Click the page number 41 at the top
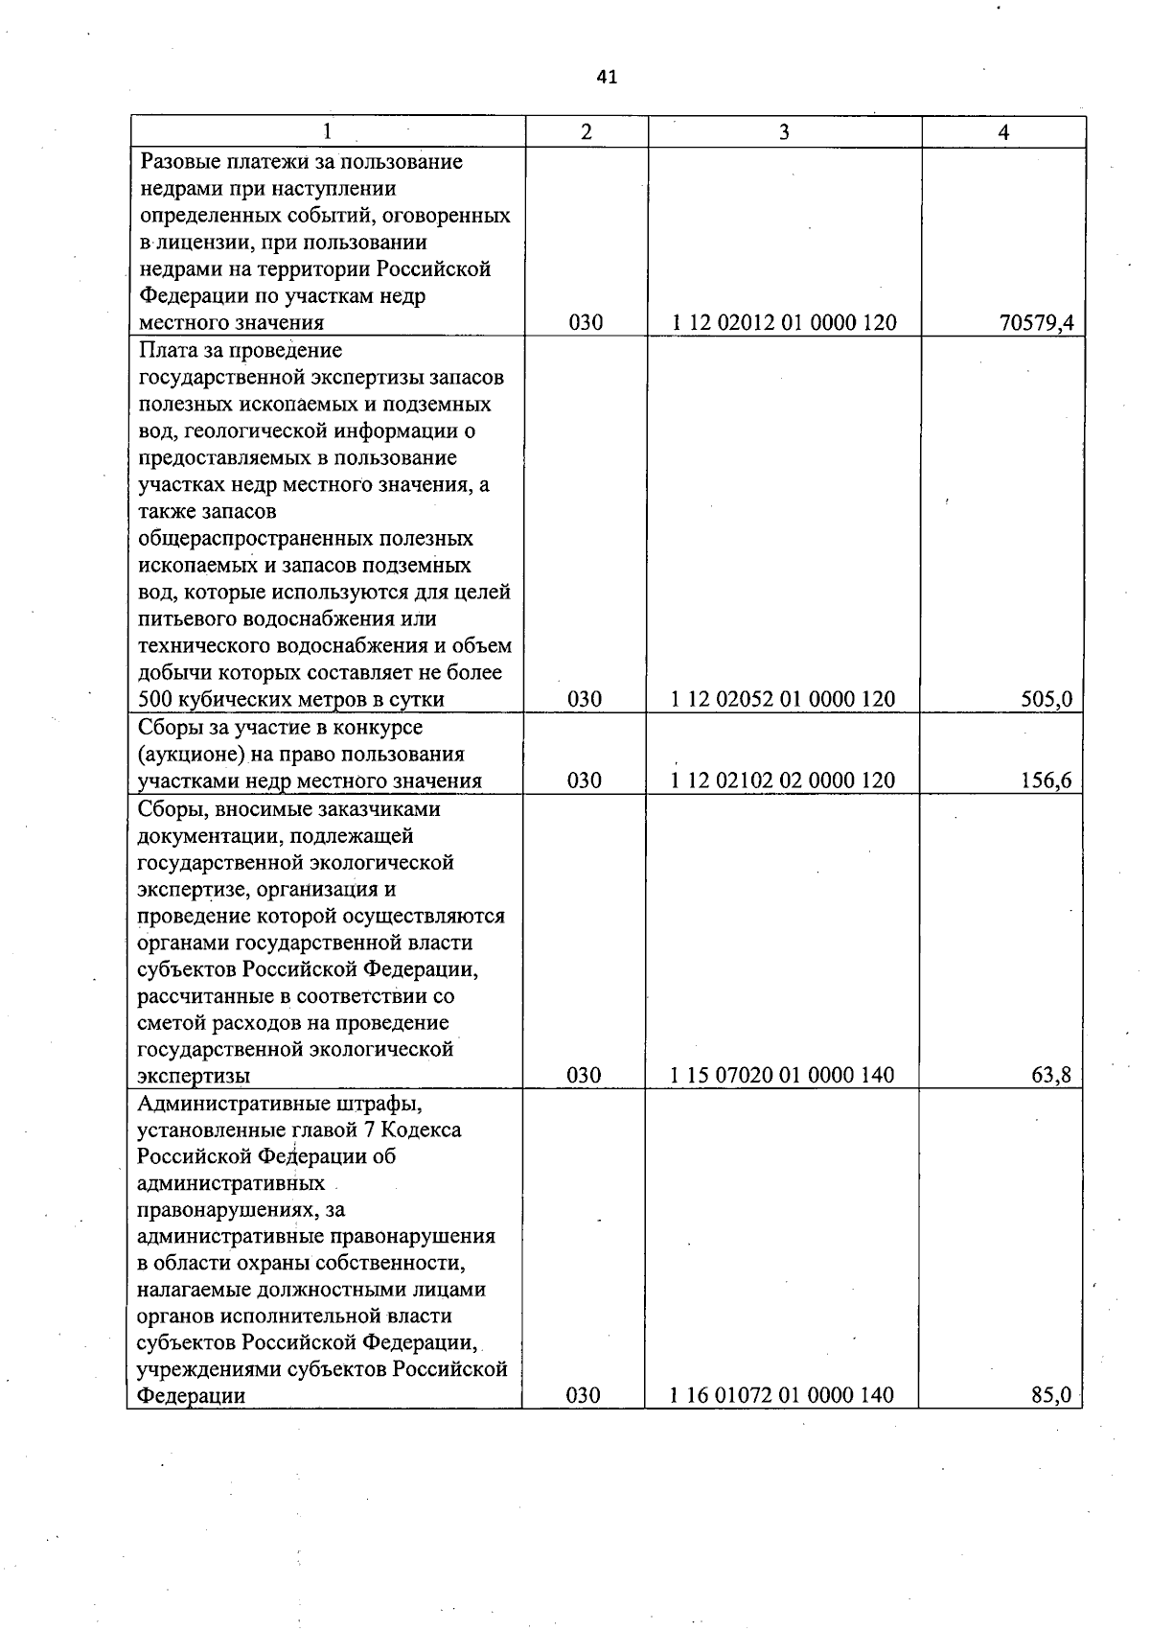607,78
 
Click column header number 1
328,132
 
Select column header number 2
586,132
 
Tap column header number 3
784,132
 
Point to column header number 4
1003,132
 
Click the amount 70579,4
1036,323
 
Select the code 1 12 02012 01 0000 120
784,323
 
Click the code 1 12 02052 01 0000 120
783,699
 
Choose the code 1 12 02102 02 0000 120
783,781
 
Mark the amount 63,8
1051,1075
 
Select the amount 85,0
1050,1395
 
